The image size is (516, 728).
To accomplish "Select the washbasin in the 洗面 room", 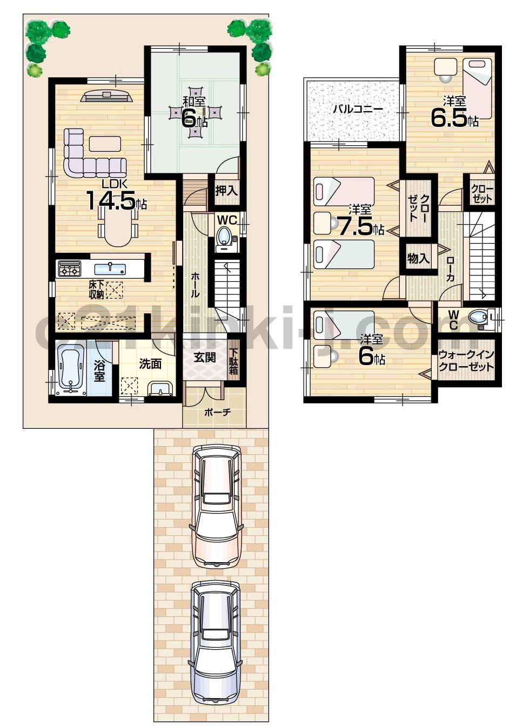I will [x=159, y=388].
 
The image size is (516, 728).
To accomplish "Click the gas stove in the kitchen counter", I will [x=69, y=268].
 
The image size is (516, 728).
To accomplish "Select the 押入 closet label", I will [x=226, y=191].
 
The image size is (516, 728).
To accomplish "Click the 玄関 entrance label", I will [x=205, y=357].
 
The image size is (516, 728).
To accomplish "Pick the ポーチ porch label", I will [x=217, y=412].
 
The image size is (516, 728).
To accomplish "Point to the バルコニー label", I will [x=357, y=109].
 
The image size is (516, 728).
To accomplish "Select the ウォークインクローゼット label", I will [x=466, y=360].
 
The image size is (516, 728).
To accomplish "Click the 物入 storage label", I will [x=418, y=259].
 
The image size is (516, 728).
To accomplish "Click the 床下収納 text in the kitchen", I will [x=97, y=289].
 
